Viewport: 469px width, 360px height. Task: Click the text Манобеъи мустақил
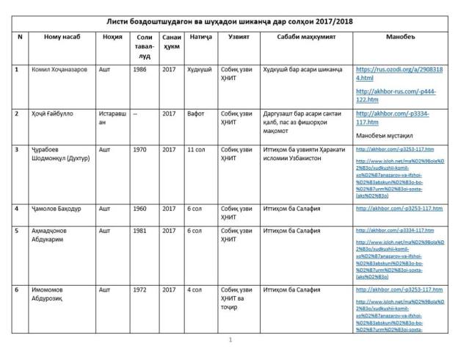click(387, 137)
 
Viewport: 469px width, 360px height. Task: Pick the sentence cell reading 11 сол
click(196, 149)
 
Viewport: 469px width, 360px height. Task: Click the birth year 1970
click(140, 149)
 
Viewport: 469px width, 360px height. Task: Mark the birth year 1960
click(140, 209)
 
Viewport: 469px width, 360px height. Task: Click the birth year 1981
click(140, 230)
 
